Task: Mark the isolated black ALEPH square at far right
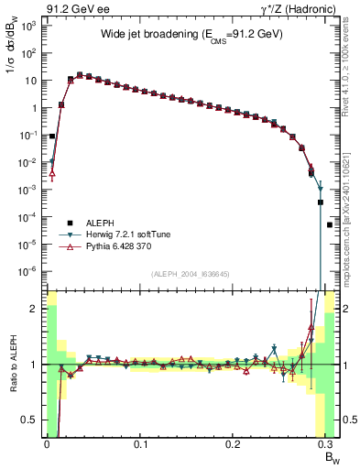(330, 224)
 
